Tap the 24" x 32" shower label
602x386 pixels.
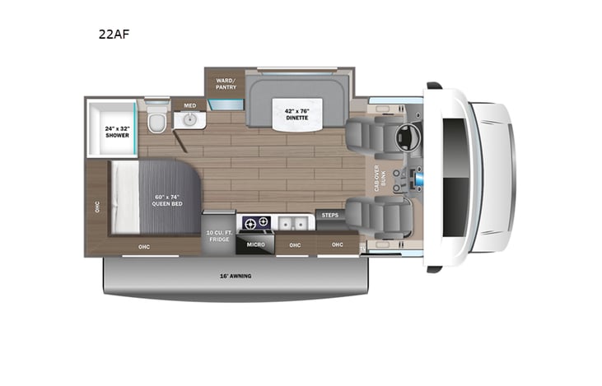(x=116, y=131)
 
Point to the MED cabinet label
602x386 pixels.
(x=190, y=105)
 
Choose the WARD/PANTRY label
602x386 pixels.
(x=226, y=83)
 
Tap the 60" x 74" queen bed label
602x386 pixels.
(x=166, y=200)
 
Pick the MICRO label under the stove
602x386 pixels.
(x=254, y=244)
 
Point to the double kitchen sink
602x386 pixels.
(x=292, y=222)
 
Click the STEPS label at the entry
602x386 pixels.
(x=330, y=215)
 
